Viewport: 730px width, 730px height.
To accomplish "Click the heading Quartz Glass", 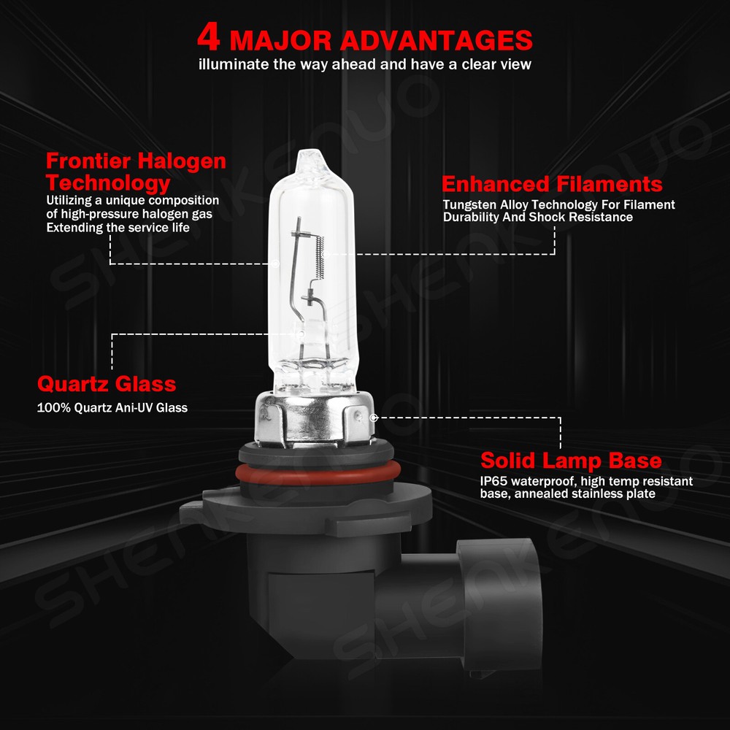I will (x=107, y=383).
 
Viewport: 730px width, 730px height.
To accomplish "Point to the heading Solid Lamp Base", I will (x=571, y=461).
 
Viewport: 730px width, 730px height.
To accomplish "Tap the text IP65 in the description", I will (x=493, y=481).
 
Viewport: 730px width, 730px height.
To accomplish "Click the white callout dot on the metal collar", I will (x=374, y=418).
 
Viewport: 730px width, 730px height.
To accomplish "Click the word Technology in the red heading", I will (x=108, y=182).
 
